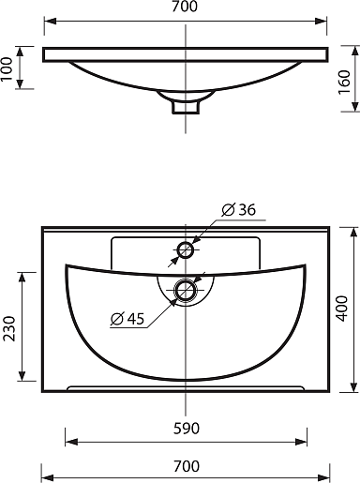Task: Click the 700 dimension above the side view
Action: pyautogui.click(x=185, y=7)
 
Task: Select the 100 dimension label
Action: pyautogui.click(x=7, y=68)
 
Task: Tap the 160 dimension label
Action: pyautogui.click(x=344, y=82)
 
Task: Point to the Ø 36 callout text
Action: pyautogui.click(x=239, y=209)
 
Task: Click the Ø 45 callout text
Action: pyautogui.click(x=127, y=319)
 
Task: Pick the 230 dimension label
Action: pyautogui.click(x=9, y=328)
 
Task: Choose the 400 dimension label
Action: pyautogui.click(x=342, y=309)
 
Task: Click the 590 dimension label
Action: pyautogui.click(x=187, y=429)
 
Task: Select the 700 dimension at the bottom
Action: pyautogui.click(x=187, y=466)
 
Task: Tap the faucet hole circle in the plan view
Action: pyautogui.click(x=186, y=250)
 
